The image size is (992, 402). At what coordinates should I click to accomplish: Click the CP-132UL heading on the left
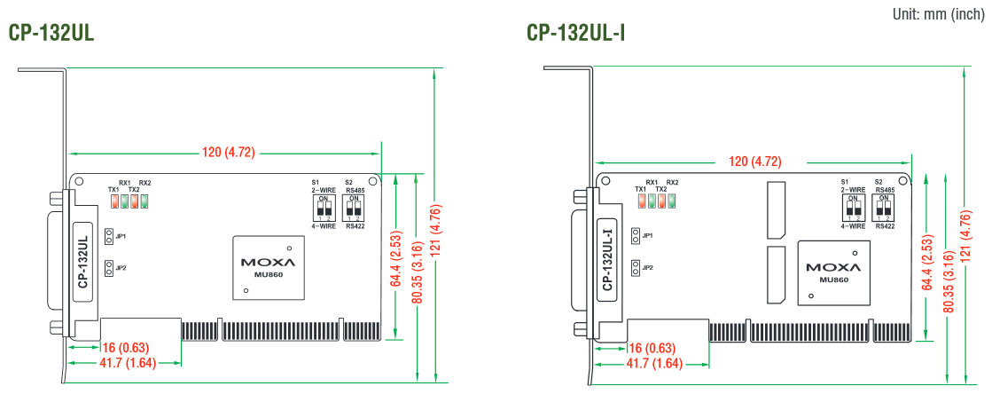(51, 33)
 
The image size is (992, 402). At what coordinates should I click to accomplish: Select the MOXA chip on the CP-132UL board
(266, 267)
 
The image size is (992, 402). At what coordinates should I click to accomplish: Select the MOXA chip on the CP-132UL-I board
(830, 272)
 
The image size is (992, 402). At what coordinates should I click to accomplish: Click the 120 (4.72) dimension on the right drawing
(754, 162)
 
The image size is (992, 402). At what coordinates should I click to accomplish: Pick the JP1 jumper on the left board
(108, 236)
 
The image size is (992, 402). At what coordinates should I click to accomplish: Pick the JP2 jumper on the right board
(636, 268)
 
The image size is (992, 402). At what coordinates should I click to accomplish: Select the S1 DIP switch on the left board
(324, 209)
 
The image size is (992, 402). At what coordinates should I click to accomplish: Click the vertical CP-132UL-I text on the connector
(607, 259)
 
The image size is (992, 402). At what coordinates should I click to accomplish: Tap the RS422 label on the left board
(355, 226)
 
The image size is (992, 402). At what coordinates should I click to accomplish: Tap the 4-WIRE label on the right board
(854, 226)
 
